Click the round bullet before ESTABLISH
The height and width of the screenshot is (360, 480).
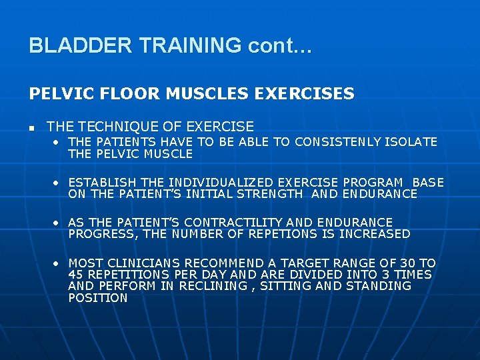(x=59, y=183)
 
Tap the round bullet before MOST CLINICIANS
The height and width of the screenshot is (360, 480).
(x=59, y=263)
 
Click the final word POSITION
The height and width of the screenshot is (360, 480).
(x=97, y=298)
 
